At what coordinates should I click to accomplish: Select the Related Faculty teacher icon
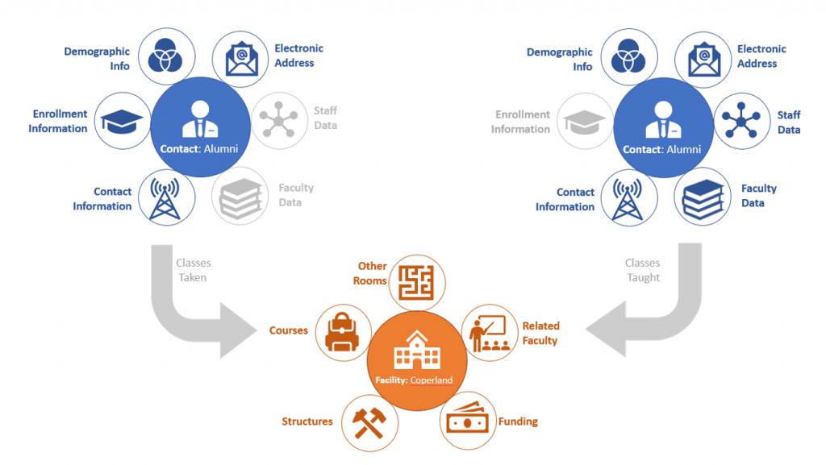[x=489, y=333]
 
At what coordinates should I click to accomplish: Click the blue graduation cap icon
[x=122, y=121]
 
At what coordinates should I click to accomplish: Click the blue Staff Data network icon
[x=743, y=121]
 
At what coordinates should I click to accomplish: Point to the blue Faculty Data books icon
[x=702, y=196]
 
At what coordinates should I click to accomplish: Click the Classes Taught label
[x=643, y=270]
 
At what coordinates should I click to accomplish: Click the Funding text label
[x=520, y=421]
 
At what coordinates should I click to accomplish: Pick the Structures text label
[x=307, y=421]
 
